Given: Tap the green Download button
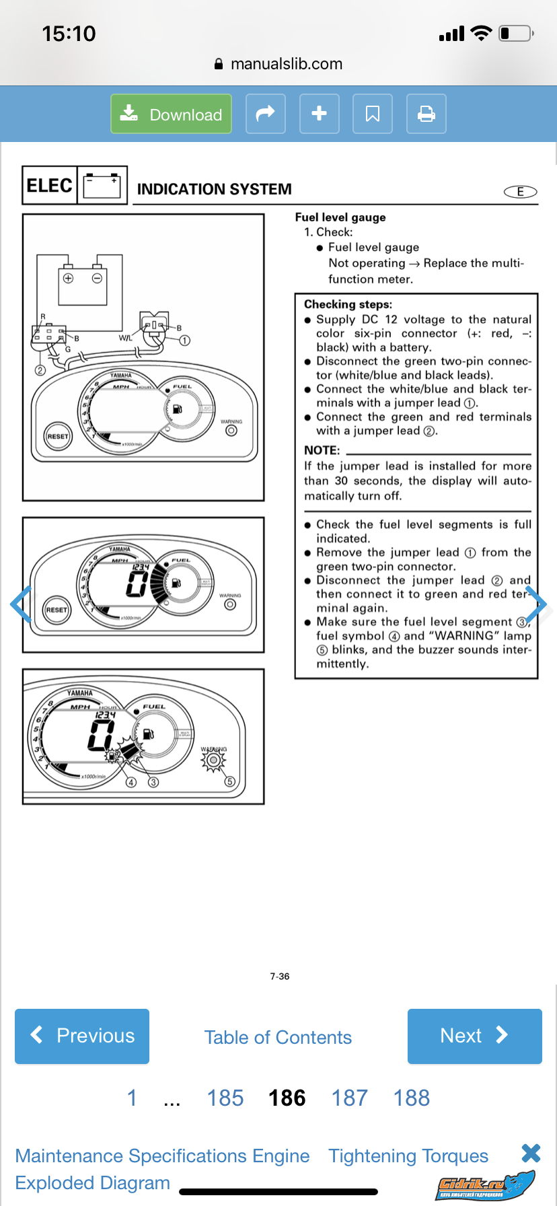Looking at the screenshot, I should point(171,114).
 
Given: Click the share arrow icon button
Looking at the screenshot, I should point(266,114).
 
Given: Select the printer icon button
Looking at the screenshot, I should point(426,114).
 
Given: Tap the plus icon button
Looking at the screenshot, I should point(320,114).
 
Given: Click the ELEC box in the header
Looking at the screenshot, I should point(49,185).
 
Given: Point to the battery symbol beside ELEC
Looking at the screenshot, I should point(102,185).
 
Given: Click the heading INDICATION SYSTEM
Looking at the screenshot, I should point(214,190).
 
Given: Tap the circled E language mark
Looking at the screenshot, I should point(520,192).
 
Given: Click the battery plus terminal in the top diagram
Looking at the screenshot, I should point(68,278).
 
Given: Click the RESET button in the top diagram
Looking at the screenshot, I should point(57,436).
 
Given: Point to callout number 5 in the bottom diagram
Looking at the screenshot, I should point(229,782).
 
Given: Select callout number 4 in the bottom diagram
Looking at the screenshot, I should point(132,782).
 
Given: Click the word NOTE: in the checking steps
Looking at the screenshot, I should point(322,450).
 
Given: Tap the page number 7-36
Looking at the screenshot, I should point(280,977).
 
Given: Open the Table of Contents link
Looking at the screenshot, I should point(278,1037).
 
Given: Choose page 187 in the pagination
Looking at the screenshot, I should point(349,1098).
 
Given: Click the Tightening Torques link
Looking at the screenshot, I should point(408,1156).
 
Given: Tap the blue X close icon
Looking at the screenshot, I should point(531,1153).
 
